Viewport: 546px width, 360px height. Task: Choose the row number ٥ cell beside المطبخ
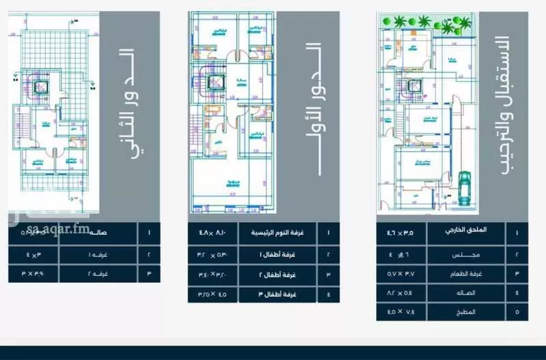pyautogui.click(x=517, y=311)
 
